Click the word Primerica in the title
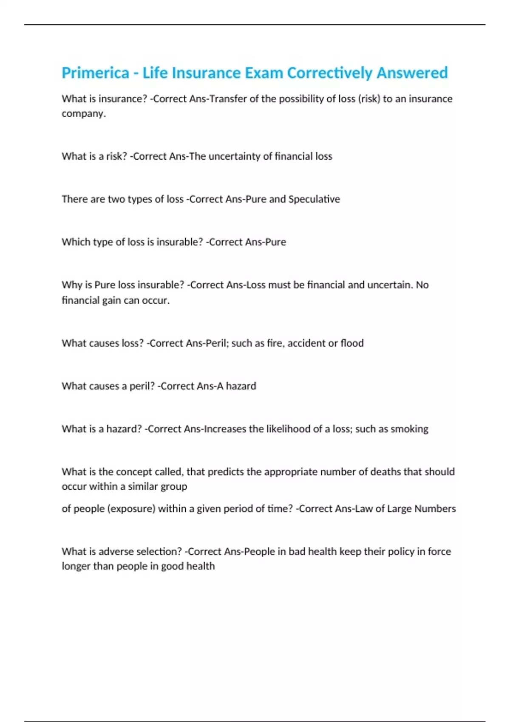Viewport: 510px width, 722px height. tap(95, 73)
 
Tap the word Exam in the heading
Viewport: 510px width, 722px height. tap(263, 73)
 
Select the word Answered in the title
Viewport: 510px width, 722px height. tap(412, 73)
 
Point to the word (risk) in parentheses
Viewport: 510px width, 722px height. tap(369, 99)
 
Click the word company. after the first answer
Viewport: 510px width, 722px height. tap(84, 114)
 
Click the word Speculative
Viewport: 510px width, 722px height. tap(314, 199)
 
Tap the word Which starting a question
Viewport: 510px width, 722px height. tap(74, 242)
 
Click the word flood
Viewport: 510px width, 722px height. tap(352, 343)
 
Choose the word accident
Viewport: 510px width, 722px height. tap(306, 343)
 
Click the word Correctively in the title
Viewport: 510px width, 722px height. tap(329, 73)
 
